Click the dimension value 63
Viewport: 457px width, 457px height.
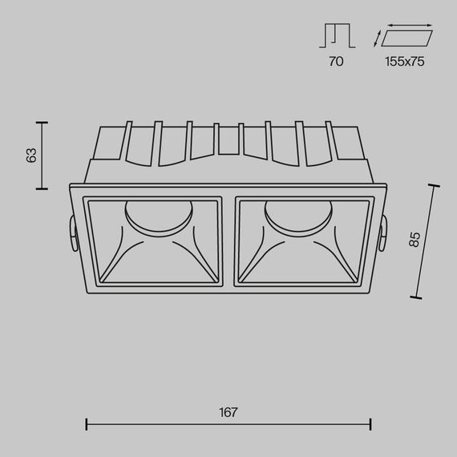pos(31,156)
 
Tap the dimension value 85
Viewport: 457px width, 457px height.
pos(414,239)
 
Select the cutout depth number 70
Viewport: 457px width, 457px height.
pos(336,61)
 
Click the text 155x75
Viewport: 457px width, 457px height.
pos(404,61)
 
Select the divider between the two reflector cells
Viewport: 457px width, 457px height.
pos(228,241)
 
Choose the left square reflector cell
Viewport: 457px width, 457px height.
pos(154,241)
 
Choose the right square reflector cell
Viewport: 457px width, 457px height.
pos(302,241)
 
